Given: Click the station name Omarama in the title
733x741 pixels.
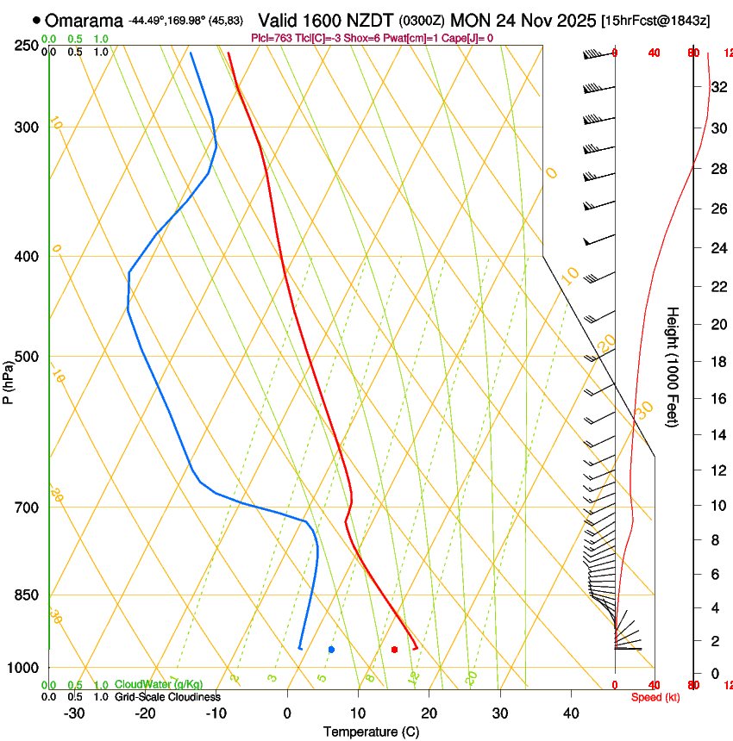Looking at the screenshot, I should tap(84, 20).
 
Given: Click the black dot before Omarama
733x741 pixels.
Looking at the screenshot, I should tap(36, 19).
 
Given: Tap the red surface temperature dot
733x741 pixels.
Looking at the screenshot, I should tap(394, 649).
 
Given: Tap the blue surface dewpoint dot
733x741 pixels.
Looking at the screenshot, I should tap(331, 649).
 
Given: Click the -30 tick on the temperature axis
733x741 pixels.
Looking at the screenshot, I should tap(74, 713).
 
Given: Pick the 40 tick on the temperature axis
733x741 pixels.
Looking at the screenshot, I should tap(571, 713).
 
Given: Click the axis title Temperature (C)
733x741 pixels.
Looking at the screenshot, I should tap(371, 732).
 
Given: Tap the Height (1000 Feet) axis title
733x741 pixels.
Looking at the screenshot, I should tap(673, 366).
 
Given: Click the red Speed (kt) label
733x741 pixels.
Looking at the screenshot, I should tap(655, 697).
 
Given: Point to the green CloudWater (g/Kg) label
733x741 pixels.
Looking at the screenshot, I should tap(159, 685).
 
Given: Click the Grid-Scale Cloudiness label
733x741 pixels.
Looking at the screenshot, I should tap(167, 697).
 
